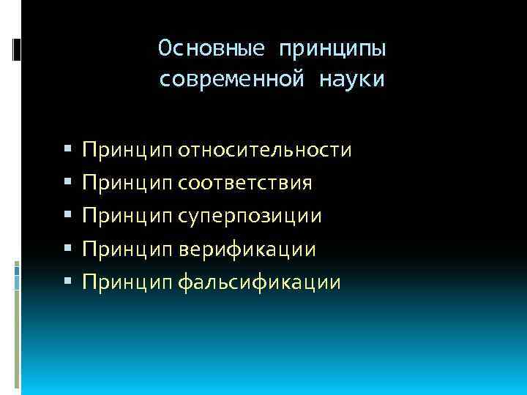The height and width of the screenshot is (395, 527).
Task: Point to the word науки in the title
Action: (x=351, y=79)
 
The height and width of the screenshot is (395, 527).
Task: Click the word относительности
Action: (x=265, y=151)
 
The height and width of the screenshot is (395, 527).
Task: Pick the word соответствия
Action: (x=244, y=183)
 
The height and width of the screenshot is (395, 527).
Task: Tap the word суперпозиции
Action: (x=250, y=217)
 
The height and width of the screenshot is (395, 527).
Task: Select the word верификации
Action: (x=247, y=249)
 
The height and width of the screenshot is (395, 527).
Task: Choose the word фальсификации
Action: (x=259, y=282)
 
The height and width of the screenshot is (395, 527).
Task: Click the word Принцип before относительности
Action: (x=127, y=151)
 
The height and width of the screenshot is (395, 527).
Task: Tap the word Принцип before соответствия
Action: (x=127, y=183)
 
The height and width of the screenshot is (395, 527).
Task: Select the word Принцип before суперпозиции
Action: (x=127, y=217)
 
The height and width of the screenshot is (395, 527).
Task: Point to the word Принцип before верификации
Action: (x=127, y=249)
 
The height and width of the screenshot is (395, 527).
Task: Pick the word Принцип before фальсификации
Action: (x=127, y=282)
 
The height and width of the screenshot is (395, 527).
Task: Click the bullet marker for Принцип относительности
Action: (x=67, y=151)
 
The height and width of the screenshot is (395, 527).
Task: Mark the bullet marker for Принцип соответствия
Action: (x=67, y=183)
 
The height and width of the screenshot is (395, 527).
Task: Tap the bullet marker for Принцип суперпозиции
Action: (x=67, y=217)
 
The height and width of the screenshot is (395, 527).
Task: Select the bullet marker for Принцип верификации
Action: (x=67, y=249)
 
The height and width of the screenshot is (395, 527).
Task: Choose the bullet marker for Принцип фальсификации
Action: (x=67, y=282)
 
